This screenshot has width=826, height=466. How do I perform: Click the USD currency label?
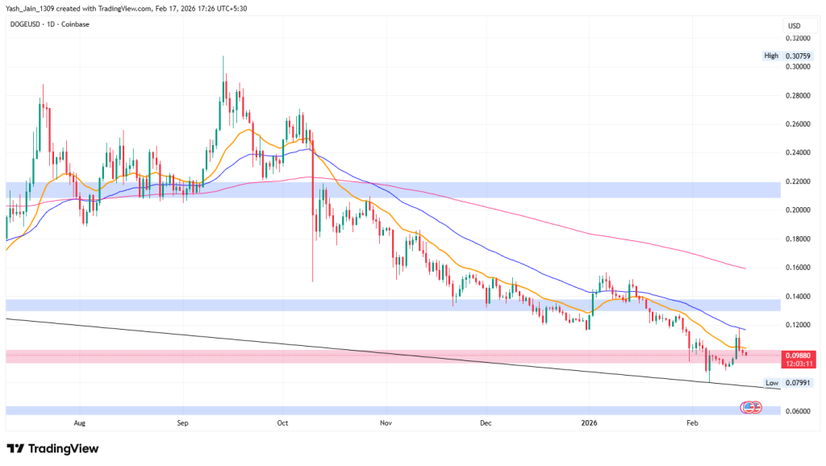click(795, 24)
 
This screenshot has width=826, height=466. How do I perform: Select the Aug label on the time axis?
click(79, 421)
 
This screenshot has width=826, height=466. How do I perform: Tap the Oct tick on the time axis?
click(282, 421)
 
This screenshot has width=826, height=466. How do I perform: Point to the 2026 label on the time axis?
click(588, 421)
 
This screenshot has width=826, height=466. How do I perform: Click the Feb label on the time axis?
click(690, 421)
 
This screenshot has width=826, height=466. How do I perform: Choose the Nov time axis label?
click(385, 421)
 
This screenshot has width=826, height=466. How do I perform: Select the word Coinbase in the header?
click(77, 24)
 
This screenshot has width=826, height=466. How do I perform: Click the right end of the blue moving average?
click(745, 330)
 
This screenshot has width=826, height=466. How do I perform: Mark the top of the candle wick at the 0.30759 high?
click(223, 56)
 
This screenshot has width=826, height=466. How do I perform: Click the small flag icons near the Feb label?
click(751, 409)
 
